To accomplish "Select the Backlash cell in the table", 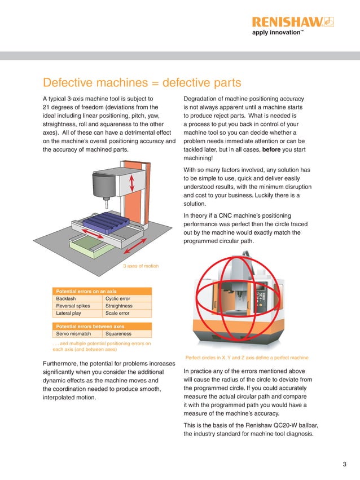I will coord(67,298).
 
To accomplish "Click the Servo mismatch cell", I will coord(73,334).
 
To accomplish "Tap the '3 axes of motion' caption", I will coord(141,266).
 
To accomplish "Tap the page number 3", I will coord(344,464).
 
